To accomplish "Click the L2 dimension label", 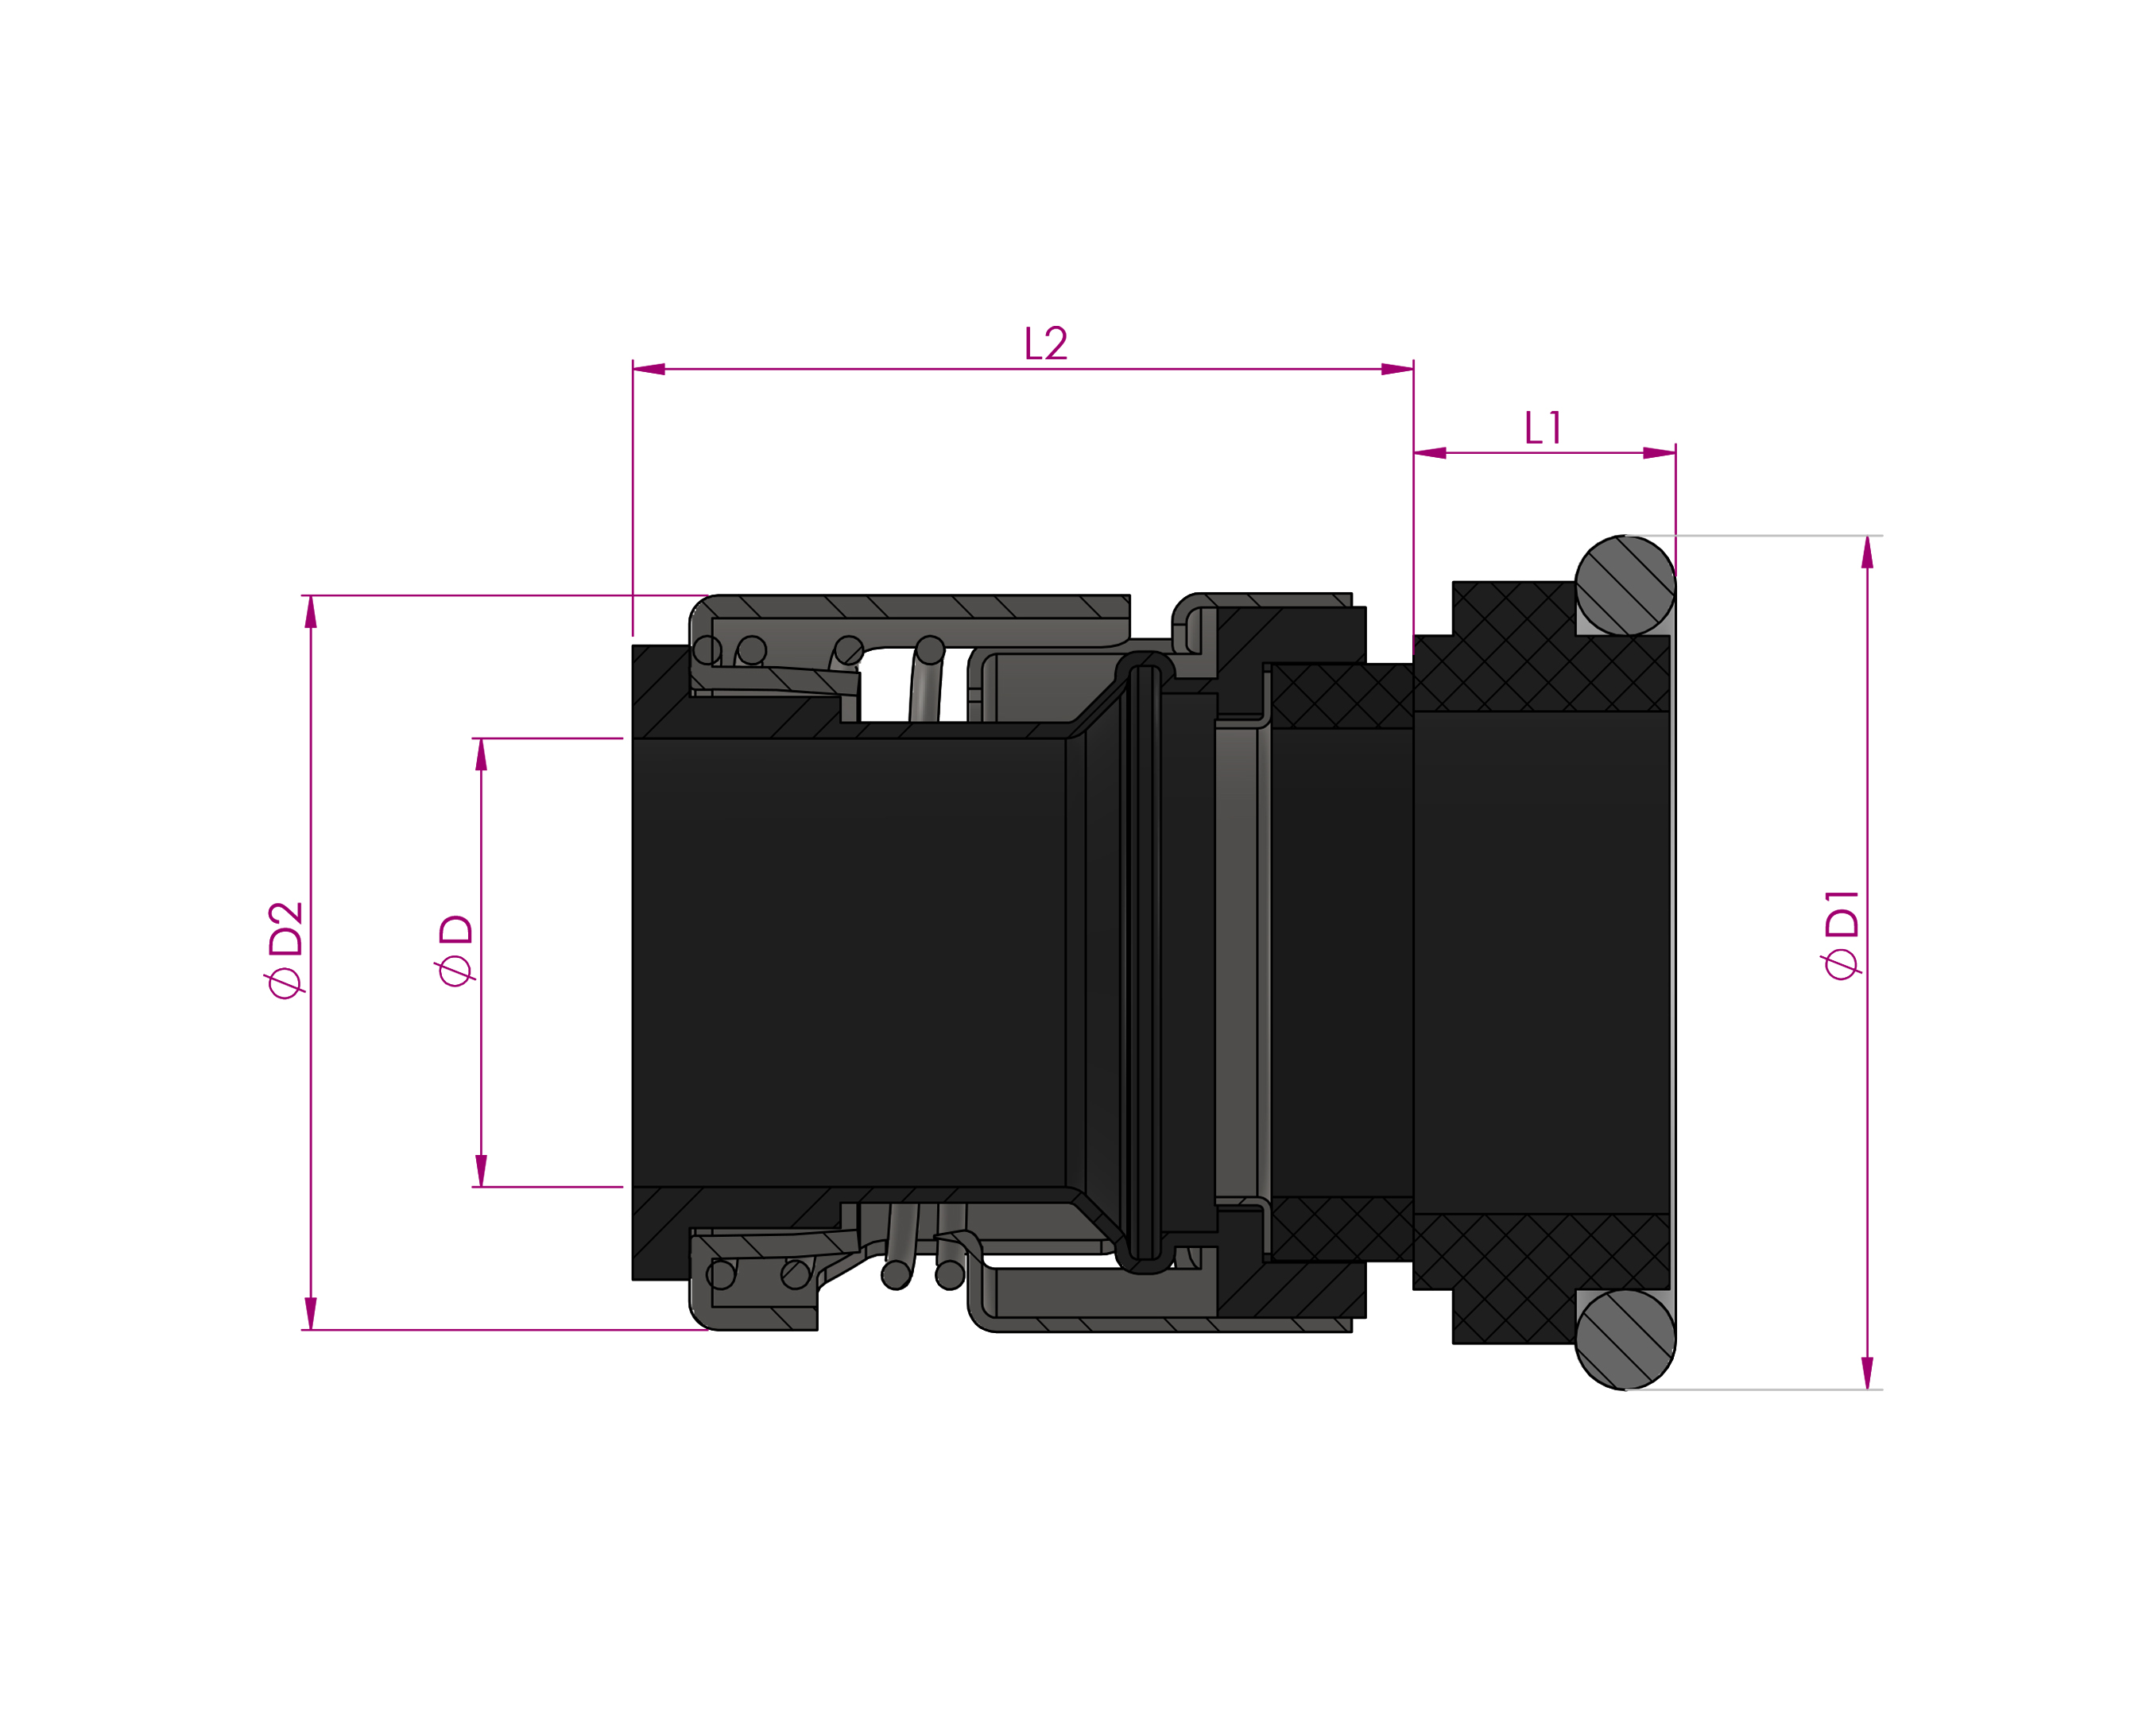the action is pyautogui.click(x=1046, y=343).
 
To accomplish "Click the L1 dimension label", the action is pyautogui.click(x=1542, y=428).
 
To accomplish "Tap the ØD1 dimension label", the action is pyautogui.click(x=1842, y=935).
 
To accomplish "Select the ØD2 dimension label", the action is pyautogui.click(x=285, y=950).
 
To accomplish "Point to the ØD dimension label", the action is pyautogui.click(x=455, y=950).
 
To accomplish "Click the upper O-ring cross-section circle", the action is pyautogui.click(x=1625, y=585).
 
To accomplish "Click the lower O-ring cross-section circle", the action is pyautogui.click(x=1625, y=1339).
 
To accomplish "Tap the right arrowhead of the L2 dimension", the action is pyautogui.click(x=1397, y=370).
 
